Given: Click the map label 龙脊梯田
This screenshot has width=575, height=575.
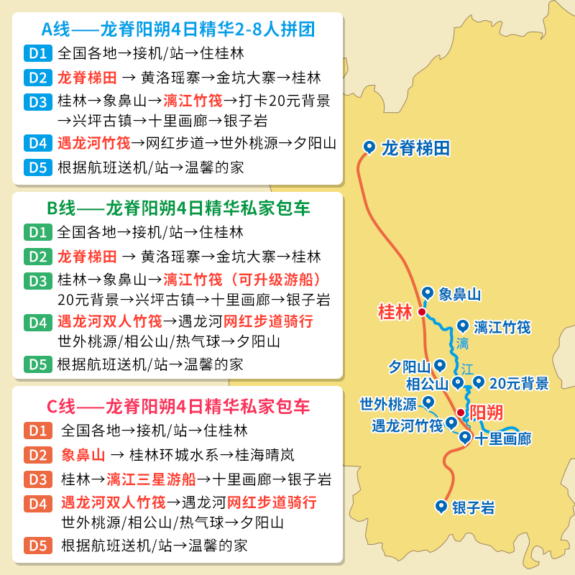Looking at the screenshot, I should click(415, 149).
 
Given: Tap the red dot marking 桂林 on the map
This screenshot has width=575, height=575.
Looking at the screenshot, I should click(421, 312).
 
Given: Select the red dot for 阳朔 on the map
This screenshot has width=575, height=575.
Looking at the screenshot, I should click(461, 413).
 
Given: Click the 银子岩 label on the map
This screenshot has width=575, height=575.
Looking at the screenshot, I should click(474, 508).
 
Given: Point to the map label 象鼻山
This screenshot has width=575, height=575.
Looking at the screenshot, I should click(459, 294).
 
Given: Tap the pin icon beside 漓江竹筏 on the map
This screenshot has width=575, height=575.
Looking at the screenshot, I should click(462, 326).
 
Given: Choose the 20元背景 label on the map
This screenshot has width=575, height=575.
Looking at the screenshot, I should click(520, 383).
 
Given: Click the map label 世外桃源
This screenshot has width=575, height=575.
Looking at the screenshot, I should click(388, 403).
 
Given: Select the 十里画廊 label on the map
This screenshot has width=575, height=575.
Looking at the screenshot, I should click(504, 438).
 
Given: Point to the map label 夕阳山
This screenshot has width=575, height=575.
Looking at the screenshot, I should click(409, 367).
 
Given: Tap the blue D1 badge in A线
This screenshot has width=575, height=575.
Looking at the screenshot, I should click(38, 53).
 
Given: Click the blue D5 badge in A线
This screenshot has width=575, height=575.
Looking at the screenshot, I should click(38, 167).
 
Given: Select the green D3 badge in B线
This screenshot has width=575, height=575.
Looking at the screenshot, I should click(38, 280).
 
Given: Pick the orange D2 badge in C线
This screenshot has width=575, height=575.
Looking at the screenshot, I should click(38, 455).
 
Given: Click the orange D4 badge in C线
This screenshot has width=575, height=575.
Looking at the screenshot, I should click(38, 502).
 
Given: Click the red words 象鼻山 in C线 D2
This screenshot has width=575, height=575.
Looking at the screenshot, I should click(83, 455).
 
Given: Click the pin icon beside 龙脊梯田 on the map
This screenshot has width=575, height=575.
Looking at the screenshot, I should click(369, 147).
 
